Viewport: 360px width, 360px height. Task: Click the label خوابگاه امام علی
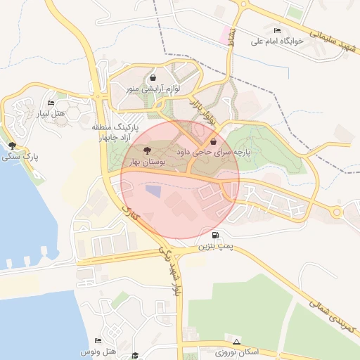279,41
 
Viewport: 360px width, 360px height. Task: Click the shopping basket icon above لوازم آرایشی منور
153,78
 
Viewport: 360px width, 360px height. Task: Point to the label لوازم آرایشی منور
153,89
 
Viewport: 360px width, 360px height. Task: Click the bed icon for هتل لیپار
51,103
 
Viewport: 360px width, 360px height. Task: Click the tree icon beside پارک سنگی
13,146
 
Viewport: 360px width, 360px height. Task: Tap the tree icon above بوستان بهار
146,151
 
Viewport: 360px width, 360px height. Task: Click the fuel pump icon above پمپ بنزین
214,236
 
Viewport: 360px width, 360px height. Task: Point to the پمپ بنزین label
214,247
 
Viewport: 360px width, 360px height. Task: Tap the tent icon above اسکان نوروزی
236,341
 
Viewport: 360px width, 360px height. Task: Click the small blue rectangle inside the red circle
153,191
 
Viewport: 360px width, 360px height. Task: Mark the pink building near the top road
226,33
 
